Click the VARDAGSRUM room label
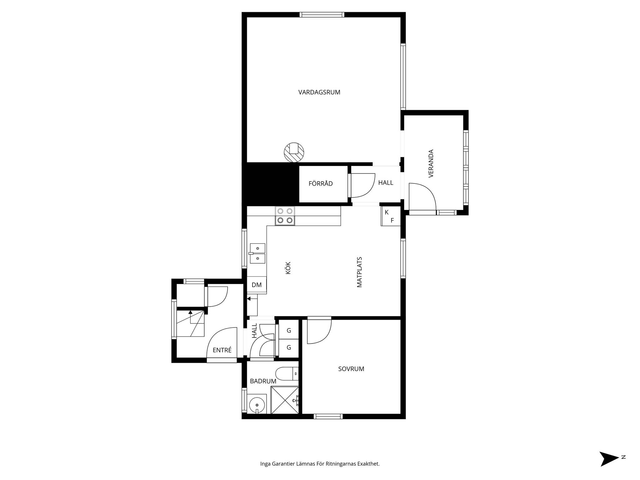[x=319, y=92]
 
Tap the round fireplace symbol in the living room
[x=294, y=152]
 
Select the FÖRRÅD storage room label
[x=321, y=183]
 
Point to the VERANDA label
[x=431, y=163]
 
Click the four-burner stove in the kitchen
[x=285, y=216]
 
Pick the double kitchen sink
[x=257, y=253]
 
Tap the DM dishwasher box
[x=257, y=285]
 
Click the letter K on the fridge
[x=387, y=212]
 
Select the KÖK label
[x=288, y=268]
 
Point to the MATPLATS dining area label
[x=359, y=272]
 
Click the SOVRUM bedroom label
[x=351, y=369]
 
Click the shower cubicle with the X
[x=285, y=400]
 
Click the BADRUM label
[x=263, y=381]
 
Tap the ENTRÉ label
[x=222, y=350]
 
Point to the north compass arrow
[x=609, y=459]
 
